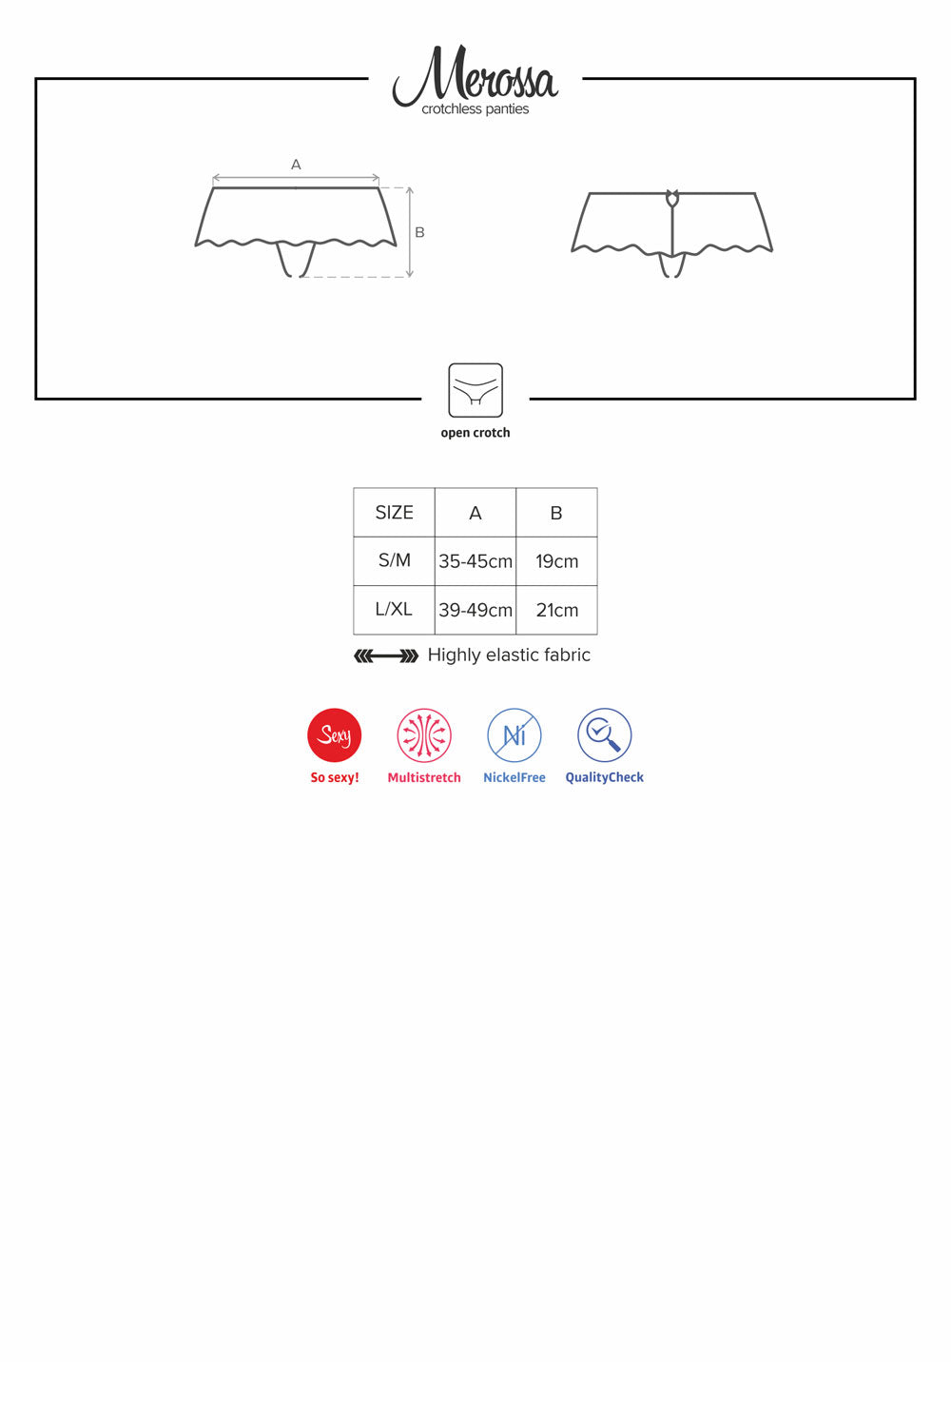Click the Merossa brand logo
pos(475,74)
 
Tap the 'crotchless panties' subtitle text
pos(475,109)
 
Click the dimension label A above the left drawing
pos(296,165)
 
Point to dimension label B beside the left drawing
pos(419,232)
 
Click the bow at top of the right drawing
pos(672,198)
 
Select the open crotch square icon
pos(475,390)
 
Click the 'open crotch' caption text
pos(475,433)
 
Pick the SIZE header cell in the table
pos(395,512)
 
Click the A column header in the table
pos(475,513)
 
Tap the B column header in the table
pos(556,513)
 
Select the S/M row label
pos(395,560)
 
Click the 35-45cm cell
pos(475,561)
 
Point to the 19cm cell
pos(556,561)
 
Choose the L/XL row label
pos(394,610)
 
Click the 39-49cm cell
pos(475,611)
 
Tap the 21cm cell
pos(556,611)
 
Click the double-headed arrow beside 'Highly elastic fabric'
pos(386,656)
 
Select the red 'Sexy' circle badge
pos(335,735)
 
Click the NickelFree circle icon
pos(514,735)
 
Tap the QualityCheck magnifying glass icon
pos(605,735)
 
